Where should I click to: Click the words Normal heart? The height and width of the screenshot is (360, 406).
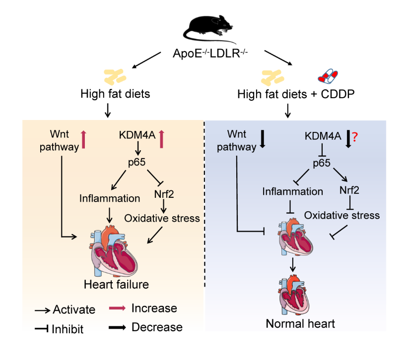[x=300, y=324]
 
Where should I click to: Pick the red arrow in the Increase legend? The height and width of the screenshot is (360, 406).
[x=117, y=308]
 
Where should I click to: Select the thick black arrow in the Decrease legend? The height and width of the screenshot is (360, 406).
[x=117, y=327]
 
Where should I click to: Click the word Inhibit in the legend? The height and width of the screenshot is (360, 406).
[x=68, y=328]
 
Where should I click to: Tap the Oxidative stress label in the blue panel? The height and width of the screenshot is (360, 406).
[x=342, y=215]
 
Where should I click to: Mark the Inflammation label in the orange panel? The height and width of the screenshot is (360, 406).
[x=109, y=199]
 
